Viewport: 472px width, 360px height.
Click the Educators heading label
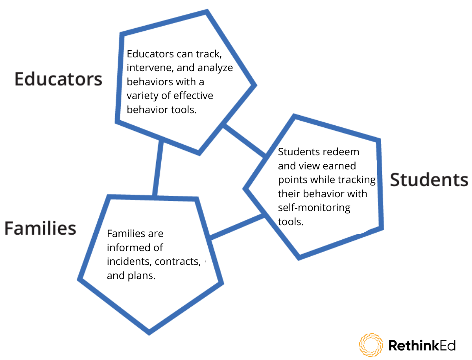[x=59, y=79]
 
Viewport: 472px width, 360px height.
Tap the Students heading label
[x=429, y=180]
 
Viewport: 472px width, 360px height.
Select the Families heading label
[x=40, y=228]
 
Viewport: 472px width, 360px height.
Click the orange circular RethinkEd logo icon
[x=371, y=345]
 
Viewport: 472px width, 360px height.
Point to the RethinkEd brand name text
[x=422, y=345]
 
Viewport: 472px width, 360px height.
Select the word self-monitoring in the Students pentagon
[x=314, y=208]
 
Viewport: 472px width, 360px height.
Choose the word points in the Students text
[x=293, y=180]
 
